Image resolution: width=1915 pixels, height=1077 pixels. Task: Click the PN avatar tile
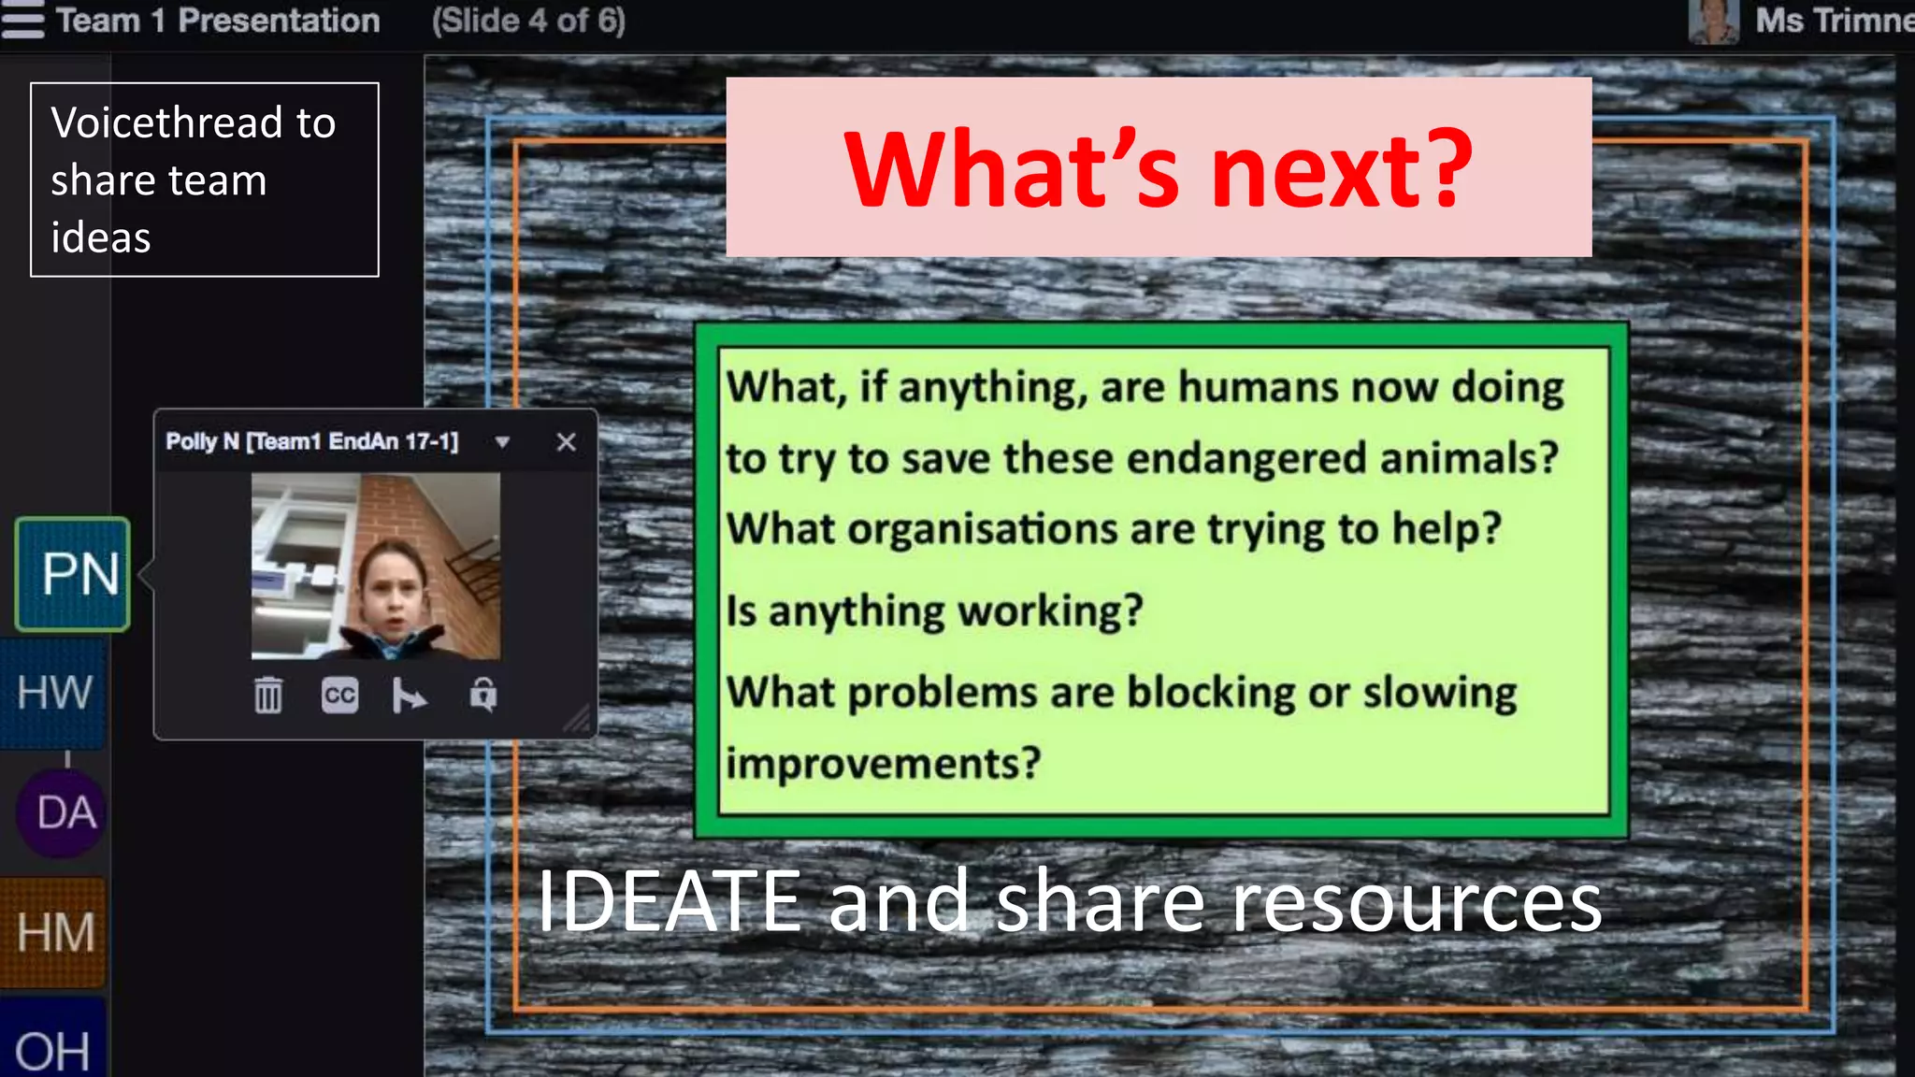point(73,574)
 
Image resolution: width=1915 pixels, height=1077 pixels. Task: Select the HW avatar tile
point(53,693)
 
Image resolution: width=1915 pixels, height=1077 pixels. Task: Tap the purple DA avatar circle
point(62,812)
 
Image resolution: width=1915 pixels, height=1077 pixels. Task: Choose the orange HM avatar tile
point(53,932)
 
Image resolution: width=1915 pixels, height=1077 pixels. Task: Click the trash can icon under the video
point(268,696)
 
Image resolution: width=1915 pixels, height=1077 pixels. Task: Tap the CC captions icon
point(339,696)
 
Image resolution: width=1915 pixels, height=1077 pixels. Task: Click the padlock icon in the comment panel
point(483,696)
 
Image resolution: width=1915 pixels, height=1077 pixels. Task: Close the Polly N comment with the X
point(566,442)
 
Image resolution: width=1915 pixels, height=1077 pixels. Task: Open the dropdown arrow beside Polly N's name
point(503,442)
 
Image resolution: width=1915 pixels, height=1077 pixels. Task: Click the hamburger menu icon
point(22,21)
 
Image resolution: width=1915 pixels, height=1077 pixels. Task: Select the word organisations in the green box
point(982,529)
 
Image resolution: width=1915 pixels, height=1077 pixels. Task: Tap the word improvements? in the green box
point(883,763)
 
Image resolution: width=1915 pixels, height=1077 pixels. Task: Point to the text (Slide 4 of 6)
point(528,21)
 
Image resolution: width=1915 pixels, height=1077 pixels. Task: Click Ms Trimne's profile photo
point(1713,21)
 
